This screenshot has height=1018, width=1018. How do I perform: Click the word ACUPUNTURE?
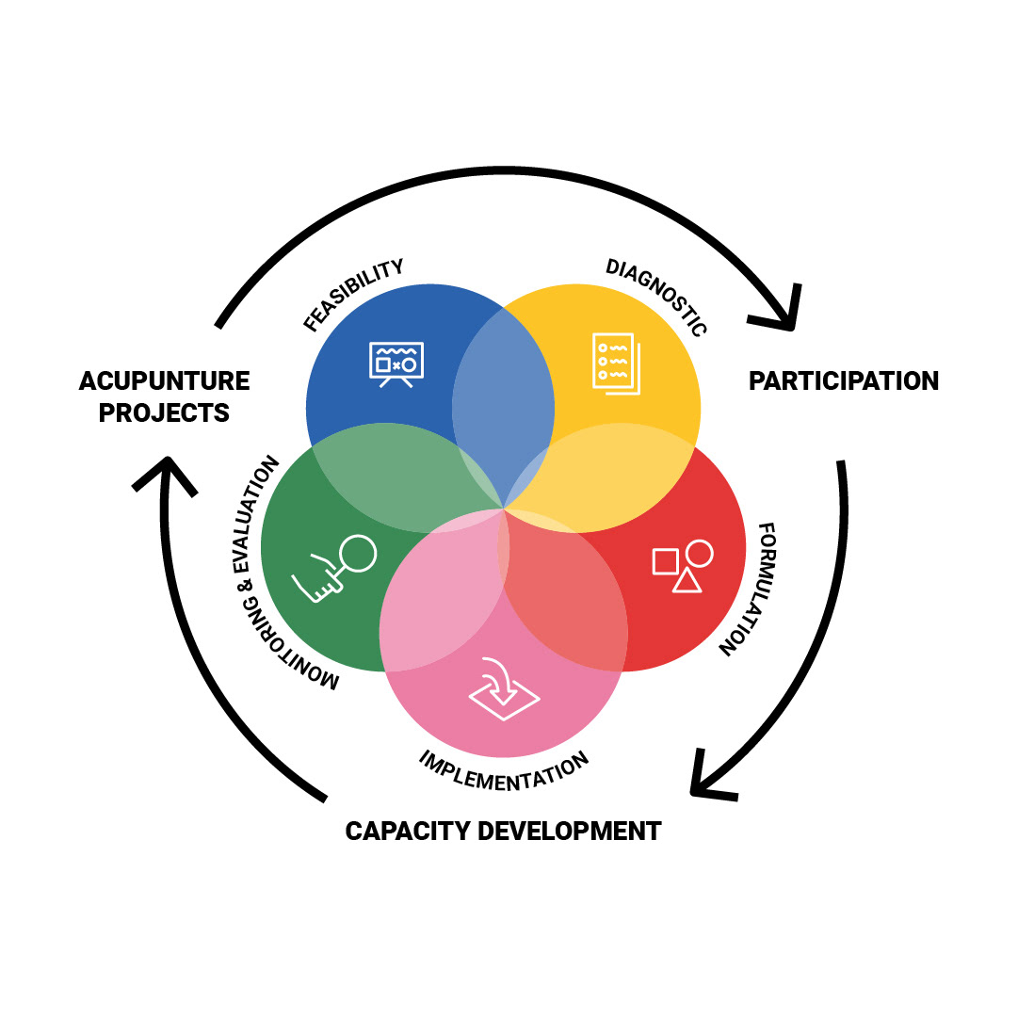165,381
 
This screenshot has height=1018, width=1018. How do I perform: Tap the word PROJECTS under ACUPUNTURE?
165,412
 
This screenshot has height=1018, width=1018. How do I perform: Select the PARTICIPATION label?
844,381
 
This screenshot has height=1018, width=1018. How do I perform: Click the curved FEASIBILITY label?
353,295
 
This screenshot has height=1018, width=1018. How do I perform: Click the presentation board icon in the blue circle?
396,364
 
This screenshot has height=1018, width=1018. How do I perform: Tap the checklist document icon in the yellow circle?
615,364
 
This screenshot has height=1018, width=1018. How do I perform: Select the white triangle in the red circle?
687,580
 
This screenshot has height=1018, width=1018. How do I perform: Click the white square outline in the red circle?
665,561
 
